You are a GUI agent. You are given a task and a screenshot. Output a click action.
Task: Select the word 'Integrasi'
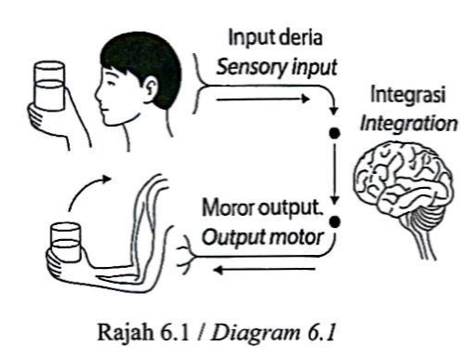[x=408, y=95]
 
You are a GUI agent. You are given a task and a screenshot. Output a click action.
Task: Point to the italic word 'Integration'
[x=409, y=124]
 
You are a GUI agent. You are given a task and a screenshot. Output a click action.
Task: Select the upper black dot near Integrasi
[x=334, y=133]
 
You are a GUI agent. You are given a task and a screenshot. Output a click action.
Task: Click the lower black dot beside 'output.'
[x=335, y=221]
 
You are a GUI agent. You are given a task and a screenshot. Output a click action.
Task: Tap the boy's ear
[x=152, y=87]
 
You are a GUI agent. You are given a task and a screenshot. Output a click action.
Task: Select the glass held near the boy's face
[x=49, y=86]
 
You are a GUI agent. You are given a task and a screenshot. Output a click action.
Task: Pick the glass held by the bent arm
[x=66, y=242]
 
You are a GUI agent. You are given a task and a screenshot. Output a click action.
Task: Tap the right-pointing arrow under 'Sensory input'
[x=263, y=100]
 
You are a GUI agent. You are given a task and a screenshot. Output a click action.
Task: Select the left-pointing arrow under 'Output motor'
[x=264, y=270]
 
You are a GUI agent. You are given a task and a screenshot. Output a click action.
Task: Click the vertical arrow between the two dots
[x=334, y=173]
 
